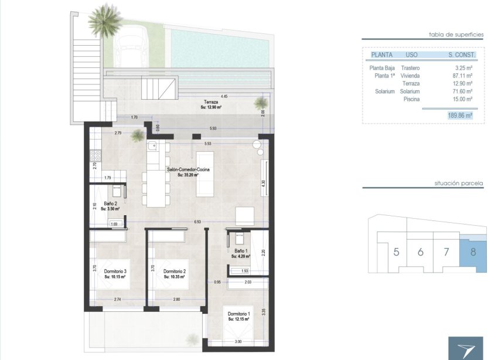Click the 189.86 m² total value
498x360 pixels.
459,116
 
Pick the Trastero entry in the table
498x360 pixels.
410,67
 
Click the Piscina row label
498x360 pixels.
412,100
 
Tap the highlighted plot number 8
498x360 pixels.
473,253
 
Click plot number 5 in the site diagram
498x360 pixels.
397,253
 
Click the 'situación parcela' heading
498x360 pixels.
458,183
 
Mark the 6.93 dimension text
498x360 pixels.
197,222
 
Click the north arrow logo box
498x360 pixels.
465,348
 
